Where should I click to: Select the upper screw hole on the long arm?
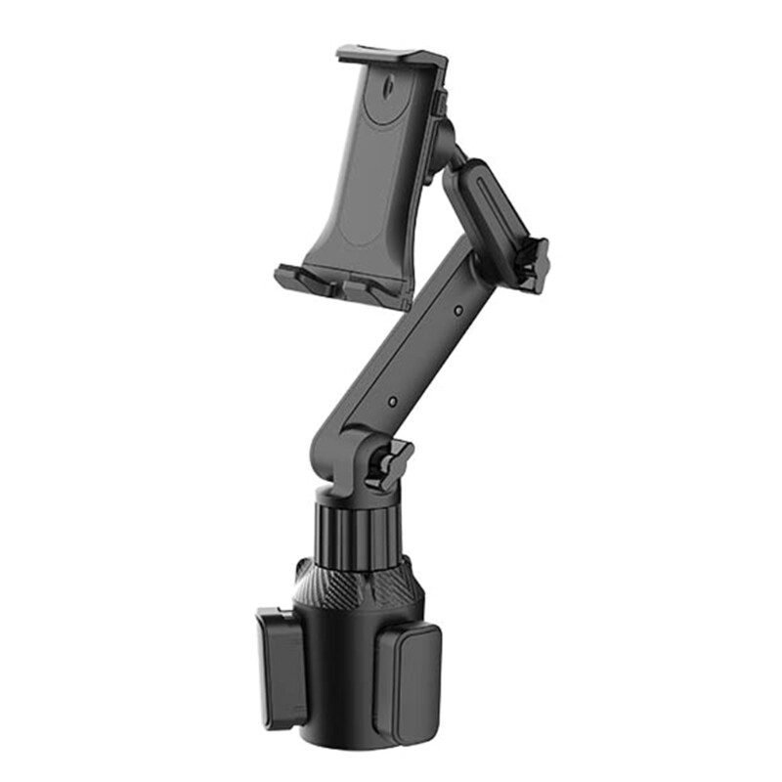coord(458,312)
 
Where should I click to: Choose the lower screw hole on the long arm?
coord(392,401)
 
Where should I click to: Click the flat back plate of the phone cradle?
coord(372,166)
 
